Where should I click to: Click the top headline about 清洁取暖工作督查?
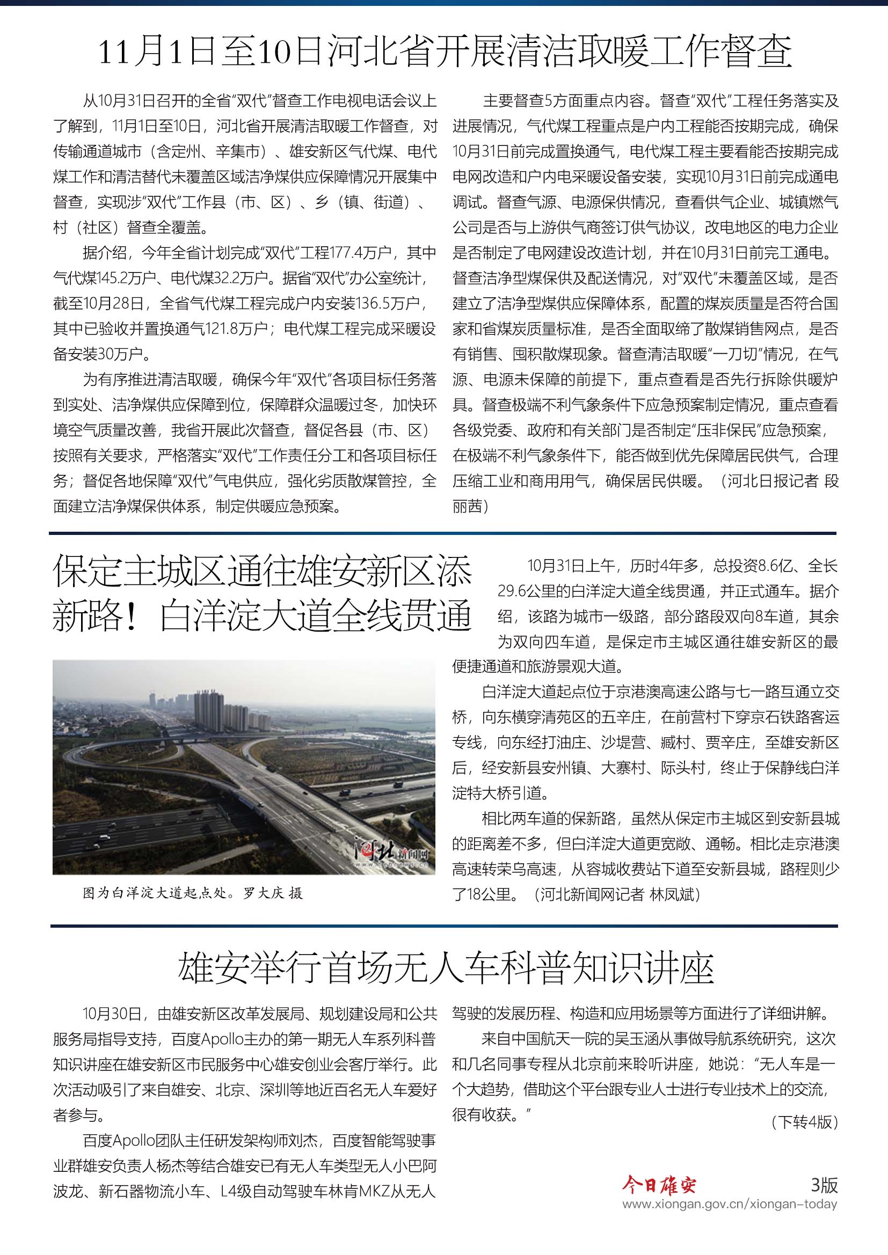pos(444,53)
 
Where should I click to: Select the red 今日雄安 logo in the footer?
pos(659,1186)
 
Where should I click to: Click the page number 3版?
pos(824,1185)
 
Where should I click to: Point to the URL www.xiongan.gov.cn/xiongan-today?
pos(730,1204)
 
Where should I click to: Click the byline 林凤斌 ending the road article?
pos(672,894)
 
